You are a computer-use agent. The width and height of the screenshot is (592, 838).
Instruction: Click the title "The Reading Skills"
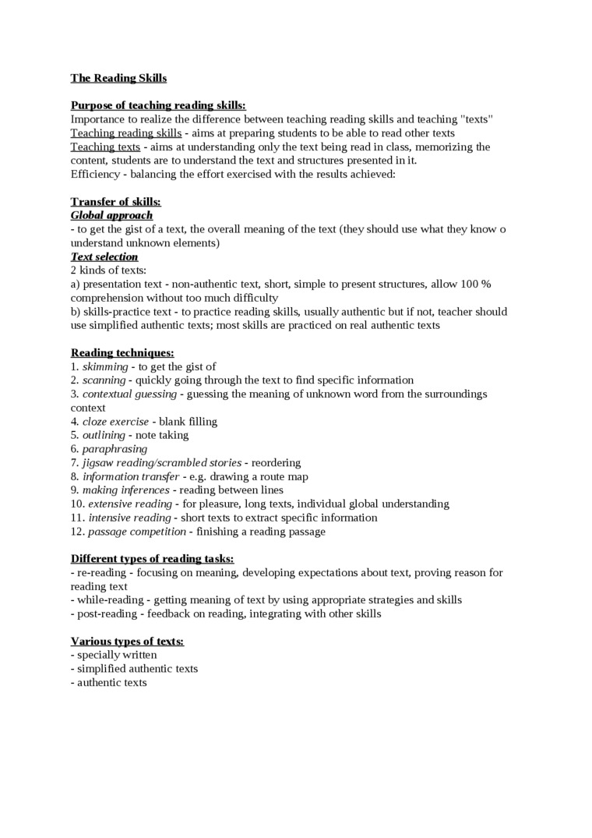[x=118, y=78]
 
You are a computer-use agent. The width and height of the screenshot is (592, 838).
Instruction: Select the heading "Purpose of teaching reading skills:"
[x=158, y=105]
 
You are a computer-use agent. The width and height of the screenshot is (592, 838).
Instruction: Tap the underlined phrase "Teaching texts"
[x=105, y=147]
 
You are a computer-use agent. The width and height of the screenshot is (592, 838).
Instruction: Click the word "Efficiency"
[x=95, y=174]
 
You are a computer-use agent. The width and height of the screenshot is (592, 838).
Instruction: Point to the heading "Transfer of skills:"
[x=115, y=202]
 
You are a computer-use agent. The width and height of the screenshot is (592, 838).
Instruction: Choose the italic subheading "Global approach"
[x=111, y=215]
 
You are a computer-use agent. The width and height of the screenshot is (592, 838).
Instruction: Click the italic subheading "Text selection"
[x=104, y=256]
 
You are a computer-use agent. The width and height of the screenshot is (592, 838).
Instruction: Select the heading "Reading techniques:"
[x=122, y=353]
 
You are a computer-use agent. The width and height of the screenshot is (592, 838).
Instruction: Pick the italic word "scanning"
[x=104, y=380]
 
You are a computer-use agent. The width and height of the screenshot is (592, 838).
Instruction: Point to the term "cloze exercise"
[x=115, y=422]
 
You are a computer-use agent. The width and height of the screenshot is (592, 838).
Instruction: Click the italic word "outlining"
[x=104, y=435]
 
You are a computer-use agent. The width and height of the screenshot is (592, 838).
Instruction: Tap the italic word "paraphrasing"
[x=115, y=449]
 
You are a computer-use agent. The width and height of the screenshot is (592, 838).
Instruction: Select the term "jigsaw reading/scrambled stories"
[x=162, y=463]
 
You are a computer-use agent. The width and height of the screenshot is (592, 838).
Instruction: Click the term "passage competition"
[x=137, y=532]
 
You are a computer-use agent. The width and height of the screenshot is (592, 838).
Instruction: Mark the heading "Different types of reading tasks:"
[x=152, y=559]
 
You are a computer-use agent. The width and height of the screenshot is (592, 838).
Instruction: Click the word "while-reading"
[x=109, y=600]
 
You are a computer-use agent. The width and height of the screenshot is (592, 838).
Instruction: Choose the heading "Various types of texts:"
[x=127, y=642]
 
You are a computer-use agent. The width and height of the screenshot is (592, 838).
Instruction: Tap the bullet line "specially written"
[x=116, y=655]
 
